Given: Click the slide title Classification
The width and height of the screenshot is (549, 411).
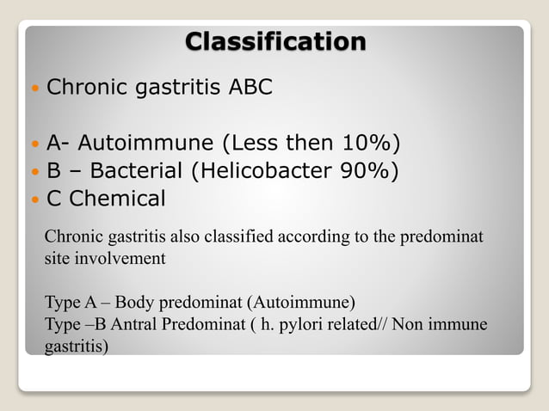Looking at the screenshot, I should click(x=275, y=40).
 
